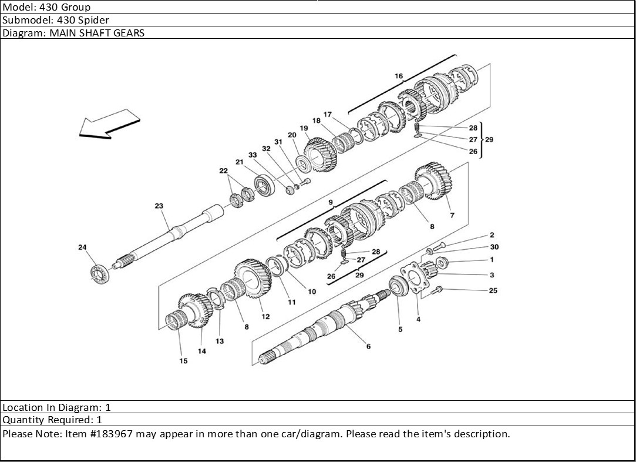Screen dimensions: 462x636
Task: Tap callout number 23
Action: point(159,206)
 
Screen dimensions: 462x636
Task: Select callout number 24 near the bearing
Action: point(82,247)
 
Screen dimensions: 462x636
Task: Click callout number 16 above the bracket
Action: point(399,76)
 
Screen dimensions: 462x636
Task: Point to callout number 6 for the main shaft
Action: point(368,346)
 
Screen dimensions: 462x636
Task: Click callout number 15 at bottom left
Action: point(183,361)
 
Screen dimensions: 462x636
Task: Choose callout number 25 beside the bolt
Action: point(493,290)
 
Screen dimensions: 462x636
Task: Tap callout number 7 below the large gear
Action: point(452,216)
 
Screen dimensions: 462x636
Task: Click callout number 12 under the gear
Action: point(265,316)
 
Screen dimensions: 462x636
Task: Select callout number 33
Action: point(253,155)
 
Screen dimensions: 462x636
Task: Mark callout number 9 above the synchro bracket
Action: point(331,203)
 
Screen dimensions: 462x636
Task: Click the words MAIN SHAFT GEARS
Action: point(97,33)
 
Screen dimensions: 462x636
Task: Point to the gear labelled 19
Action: point(321,154)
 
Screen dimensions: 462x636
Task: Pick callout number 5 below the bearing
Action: point(401,329)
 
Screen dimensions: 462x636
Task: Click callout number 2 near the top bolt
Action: point(492,235)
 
